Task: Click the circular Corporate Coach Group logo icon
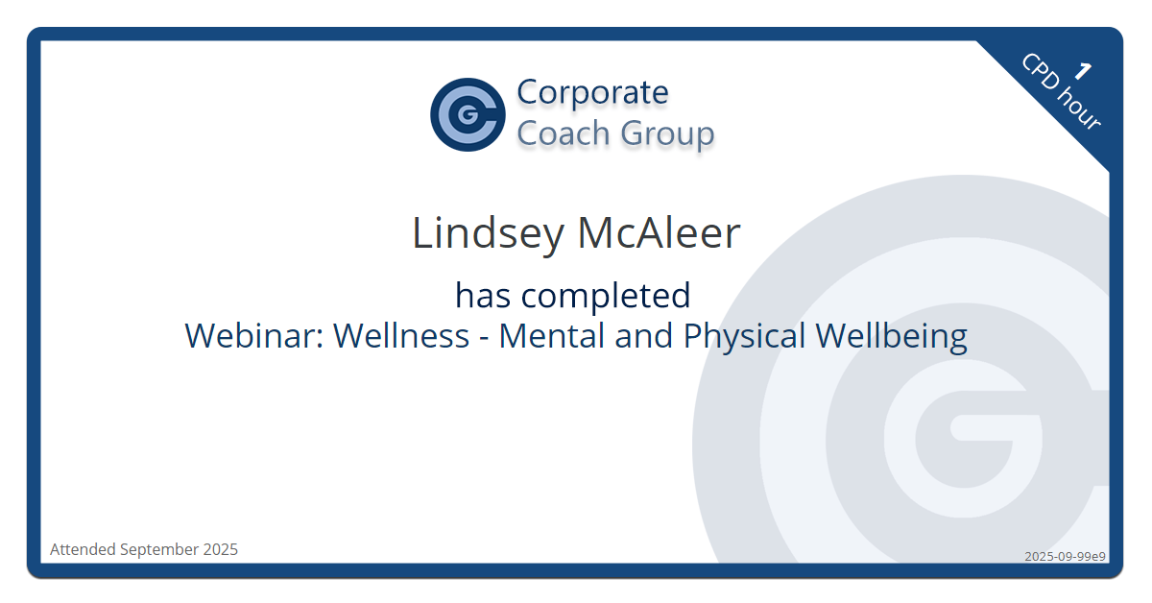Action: click(468, 114)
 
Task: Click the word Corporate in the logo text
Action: click(592, 92)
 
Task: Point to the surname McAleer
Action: click(660, 233)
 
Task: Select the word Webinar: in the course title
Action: click(253, 336)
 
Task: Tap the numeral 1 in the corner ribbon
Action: click(1084, 70)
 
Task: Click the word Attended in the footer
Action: click(83, 549)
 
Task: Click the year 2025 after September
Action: click(221, 549)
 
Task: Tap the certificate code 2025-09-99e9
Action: click(1065, 556)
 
